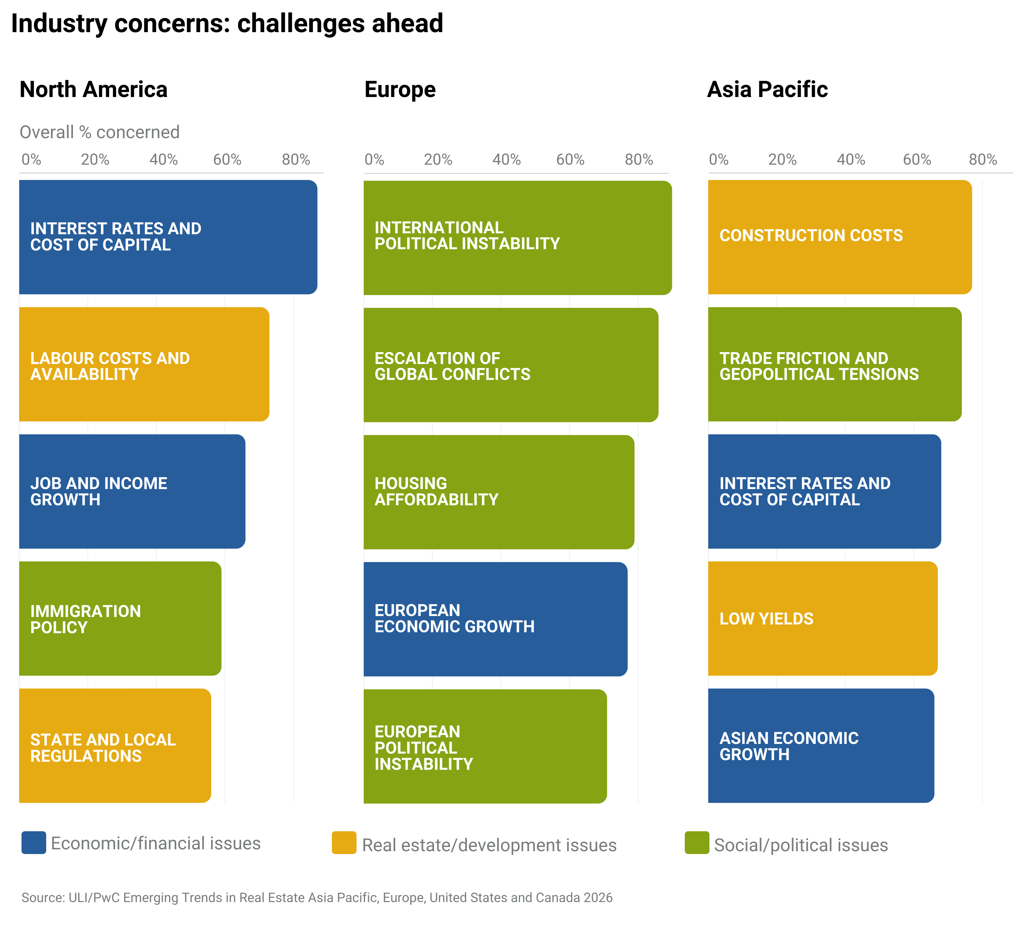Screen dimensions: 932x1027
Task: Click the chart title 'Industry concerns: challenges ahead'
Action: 227,23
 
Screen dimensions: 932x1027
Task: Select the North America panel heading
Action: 93,90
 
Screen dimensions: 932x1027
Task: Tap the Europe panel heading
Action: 400,90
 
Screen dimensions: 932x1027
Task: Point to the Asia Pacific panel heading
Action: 767,90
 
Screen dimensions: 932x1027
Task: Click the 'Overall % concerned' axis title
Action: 99,133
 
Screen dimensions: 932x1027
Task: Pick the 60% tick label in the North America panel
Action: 227,160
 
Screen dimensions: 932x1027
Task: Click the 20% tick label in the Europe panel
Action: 438,160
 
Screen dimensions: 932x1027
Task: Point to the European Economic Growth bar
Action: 495,619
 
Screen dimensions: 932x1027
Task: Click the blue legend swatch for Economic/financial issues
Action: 34,843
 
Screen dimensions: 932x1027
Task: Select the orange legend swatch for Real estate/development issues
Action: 344,843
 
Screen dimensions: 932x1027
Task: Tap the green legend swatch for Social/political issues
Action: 696,843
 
